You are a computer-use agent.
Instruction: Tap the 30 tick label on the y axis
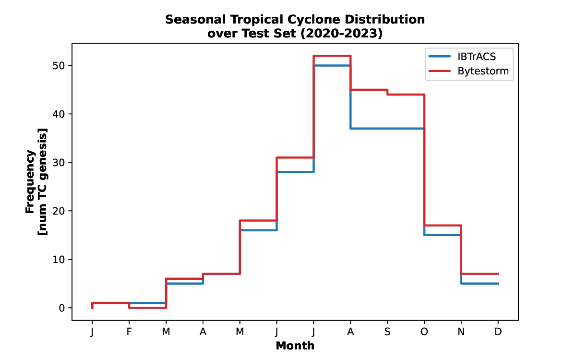coord(59,162)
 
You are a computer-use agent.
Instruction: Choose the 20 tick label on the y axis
coord(59,211)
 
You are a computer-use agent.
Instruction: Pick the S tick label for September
coord(387,332)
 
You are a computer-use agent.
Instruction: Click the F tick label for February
coord(129,332)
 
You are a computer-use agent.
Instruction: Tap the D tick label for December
coord(498,332)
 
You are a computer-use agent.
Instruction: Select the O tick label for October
coord(424,332)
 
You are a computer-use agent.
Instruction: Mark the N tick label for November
coord(461,332)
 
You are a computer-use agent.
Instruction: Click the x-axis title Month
coord(295,346)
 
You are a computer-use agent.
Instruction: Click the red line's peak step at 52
coord(332,56)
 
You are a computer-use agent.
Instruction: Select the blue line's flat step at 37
coord(387,128)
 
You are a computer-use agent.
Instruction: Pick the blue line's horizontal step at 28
coord(295,172)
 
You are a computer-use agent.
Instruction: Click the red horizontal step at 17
coord(443,225)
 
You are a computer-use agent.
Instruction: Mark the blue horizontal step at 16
coord(258,230)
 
